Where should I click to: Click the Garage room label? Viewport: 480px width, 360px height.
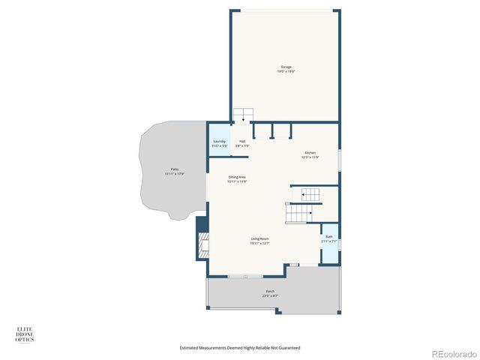pyautogui.click(x=286, y=67)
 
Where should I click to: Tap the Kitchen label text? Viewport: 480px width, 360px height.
pyautogui.click(x=310, y=152)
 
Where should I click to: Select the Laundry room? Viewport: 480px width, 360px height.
pyautogui.click(x=219, y=143)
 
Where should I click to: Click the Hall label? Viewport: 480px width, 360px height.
pyautogui.click(x=242, y=141)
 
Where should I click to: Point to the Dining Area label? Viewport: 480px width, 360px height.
pyautogui.click(x=237, y=177)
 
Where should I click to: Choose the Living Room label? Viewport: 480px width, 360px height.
pyautogui.click(x=259, y=239)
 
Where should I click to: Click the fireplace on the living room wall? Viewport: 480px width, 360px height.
pyautogui.click(x=202, y=245)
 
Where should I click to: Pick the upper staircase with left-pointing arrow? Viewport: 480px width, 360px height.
pyautogui.click(x=307, y=195)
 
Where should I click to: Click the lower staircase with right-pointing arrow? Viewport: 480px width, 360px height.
pyautogui.click(x=299, y=213)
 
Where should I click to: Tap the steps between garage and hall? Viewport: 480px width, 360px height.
pyautogui.click(x=243, y=115)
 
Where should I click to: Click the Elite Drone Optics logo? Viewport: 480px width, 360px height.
pyautogui.click(x=25, y=334)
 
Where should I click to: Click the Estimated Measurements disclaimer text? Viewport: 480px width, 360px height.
pyautogui.click(x=240, y=348)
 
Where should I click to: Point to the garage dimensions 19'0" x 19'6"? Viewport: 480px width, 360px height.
pyautogui.click(x=286, y=71)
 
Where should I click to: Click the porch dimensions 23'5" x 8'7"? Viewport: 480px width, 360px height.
pyautogui.click(x=270, y=296)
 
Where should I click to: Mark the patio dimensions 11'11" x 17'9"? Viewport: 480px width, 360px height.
pyautogui.click(x=174, y=174)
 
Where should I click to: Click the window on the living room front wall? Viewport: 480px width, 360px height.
pyautogui.click(x=235, y=277)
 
